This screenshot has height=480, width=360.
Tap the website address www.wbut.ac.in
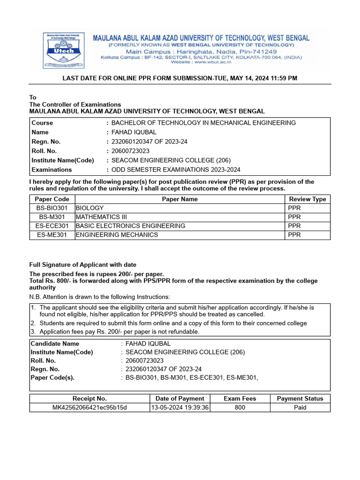(x=200, y=62)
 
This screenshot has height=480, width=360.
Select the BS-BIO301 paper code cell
(x=52, y=208)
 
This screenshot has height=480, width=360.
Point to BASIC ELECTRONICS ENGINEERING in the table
(x=130, y=226)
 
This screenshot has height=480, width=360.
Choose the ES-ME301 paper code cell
(x=52, y=235)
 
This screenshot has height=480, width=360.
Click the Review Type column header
(x=307, y=199)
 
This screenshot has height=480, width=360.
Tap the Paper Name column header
(x=180, y=199)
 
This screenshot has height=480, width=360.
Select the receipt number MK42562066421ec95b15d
(x=89, y=407)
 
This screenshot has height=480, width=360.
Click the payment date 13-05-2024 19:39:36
(x=180, y=407)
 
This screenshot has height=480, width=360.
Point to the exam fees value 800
(x=240, y=407)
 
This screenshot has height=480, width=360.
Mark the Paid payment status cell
(x=300, y=407)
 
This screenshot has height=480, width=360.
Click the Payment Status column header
(x=300, y=398)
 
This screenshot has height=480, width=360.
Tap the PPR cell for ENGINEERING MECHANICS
(x=294, y=235)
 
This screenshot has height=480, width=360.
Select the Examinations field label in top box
(x=52, y=170)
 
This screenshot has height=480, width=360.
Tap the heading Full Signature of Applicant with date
(x=83, y=265)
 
